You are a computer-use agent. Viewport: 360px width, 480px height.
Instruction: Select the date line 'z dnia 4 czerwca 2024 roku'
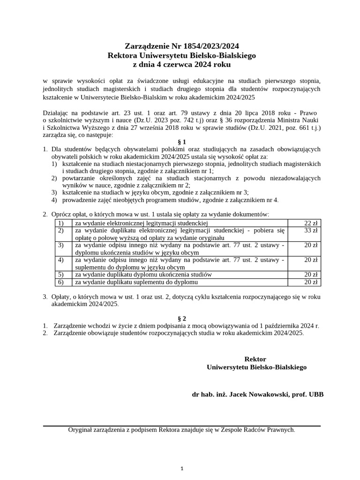pos(182,64)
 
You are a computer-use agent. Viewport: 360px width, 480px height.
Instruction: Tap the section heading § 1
pos(182,142)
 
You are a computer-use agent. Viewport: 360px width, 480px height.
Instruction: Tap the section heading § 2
pos(182,318)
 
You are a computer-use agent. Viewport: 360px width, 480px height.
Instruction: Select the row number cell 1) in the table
pos(60,223)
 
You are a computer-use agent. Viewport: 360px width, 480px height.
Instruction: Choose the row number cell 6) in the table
pos(60,282)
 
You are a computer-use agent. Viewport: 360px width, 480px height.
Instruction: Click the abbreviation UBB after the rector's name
pos(315,394)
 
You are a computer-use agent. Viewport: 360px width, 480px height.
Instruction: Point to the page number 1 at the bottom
pos(182,468)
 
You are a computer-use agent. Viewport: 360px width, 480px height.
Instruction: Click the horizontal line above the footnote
pos(182,426)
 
